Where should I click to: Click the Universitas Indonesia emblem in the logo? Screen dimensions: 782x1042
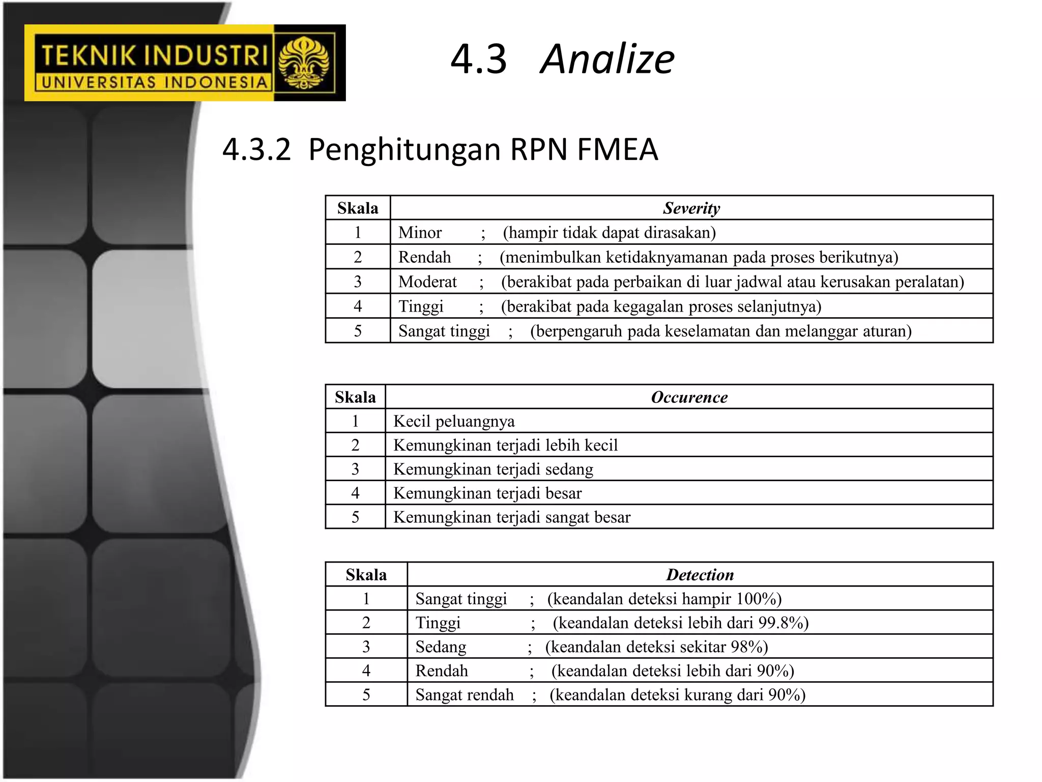click(x=304, y=63)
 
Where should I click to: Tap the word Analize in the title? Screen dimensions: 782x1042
click(x=607, y=59)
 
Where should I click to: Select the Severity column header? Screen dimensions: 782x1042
click(x=691, y=208)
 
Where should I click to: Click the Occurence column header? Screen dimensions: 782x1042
click(x=689, y=397)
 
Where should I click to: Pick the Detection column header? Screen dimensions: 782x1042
click(x=700, y=575)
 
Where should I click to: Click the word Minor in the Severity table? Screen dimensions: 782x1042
click(x=420, y=233)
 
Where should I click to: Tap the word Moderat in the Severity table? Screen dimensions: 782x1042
click(x=427, y=282)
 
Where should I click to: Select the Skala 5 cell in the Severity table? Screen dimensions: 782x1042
click(x=358, y=331)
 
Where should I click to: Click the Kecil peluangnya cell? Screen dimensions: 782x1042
click(x=454, y=421)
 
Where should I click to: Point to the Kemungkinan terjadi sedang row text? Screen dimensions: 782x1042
click(x=493, y=469)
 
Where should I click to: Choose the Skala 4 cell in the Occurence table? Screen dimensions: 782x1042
click(x=355, y=493)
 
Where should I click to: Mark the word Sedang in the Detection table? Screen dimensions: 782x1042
click(x=441, y=647)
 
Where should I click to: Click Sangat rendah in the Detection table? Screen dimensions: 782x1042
click(x=465, y=695)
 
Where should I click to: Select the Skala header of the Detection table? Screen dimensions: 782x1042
click(x=366, y=575)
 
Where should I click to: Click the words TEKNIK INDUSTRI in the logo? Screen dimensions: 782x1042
click(x=154, y=55)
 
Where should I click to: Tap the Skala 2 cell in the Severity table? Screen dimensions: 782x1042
click(x=358, y=257)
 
